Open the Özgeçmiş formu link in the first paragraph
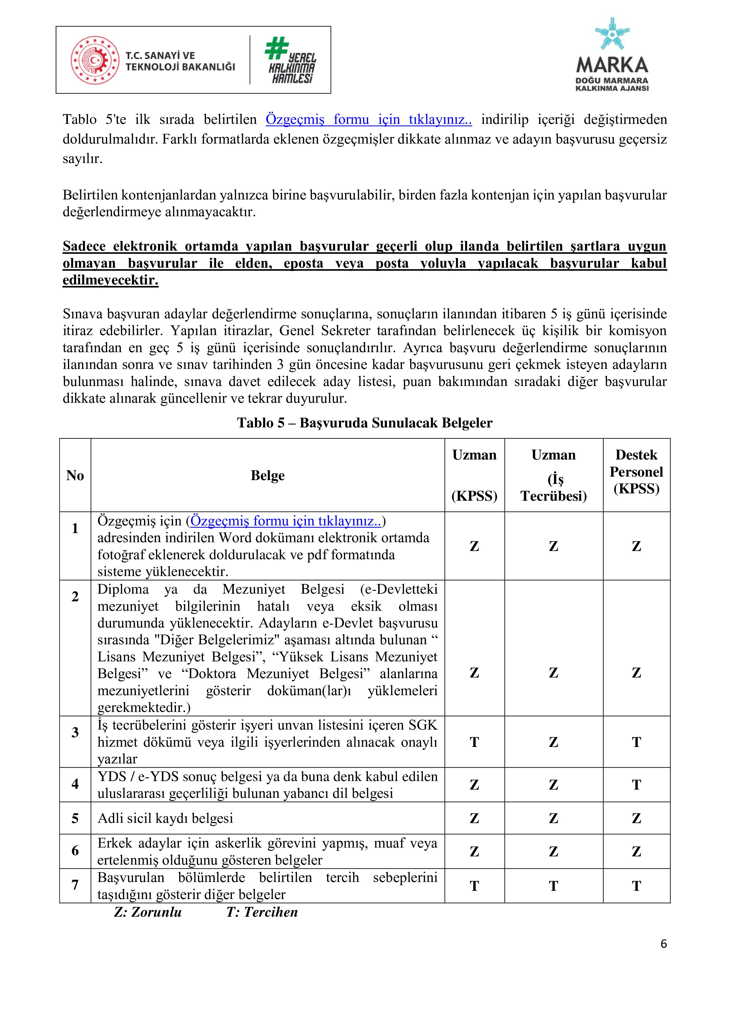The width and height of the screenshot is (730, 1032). click(x=369, y=119)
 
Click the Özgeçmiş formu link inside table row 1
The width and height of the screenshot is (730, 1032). click(x=286, y=521)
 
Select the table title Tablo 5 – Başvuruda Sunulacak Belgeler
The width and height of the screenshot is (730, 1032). click(x=365, y=423)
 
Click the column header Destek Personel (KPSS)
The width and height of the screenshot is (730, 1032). click(x=636, y=472)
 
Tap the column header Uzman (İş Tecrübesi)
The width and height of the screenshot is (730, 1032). click(x=553, y=475)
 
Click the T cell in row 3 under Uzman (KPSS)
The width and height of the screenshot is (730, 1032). click(x=474, y=742)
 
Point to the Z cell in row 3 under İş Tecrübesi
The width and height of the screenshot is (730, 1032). click(x=553, y=742)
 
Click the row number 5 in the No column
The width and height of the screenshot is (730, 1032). click(x=75, y=818)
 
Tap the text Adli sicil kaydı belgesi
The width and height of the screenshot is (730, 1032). click(x=165, y=818)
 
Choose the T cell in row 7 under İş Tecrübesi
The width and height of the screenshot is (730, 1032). click(x=553, y=886)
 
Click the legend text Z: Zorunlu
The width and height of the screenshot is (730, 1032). click(x=148, y=912)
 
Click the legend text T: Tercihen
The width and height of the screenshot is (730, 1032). click(x=262, y=912)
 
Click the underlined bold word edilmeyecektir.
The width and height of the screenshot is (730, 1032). click(x=111, y=280)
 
